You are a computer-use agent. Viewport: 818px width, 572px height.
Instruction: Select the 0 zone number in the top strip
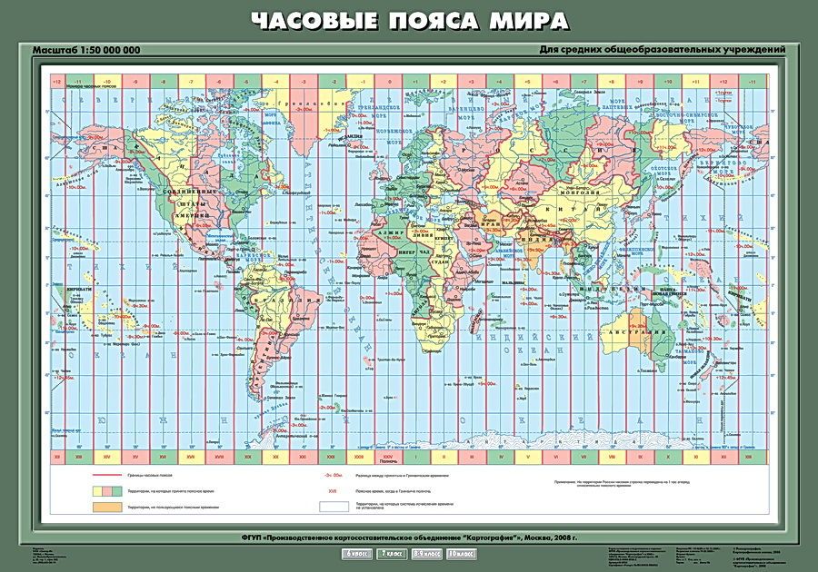388,83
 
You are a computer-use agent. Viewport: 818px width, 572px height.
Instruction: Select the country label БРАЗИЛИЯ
283,301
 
